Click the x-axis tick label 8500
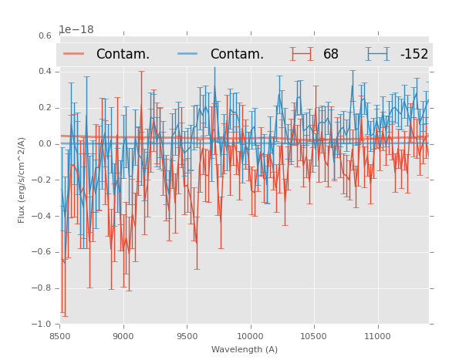59,336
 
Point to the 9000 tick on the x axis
123,336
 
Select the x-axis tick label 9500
187,336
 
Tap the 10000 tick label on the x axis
250,336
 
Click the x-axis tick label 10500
314,336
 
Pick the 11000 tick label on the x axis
377,336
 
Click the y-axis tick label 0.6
45,35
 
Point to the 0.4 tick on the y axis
45,72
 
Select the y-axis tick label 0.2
45,108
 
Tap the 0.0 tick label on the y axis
45,144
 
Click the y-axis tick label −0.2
42,180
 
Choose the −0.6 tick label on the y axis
42,252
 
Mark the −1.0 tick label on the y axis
42,325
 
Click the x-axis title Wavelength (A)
245,349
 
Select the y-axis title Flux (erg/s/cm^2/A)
22,180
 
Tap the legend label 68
331,55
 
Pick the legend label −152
414,55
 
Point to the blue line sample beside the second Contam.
188,54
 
